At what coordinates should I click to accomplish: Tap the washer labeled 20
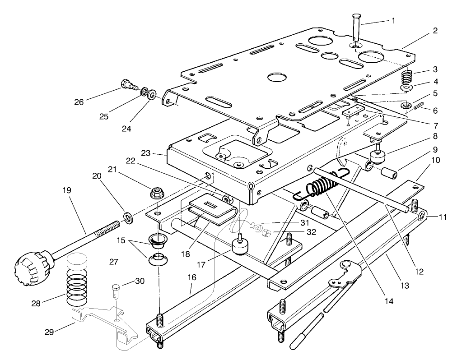(x=129, y=218)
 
